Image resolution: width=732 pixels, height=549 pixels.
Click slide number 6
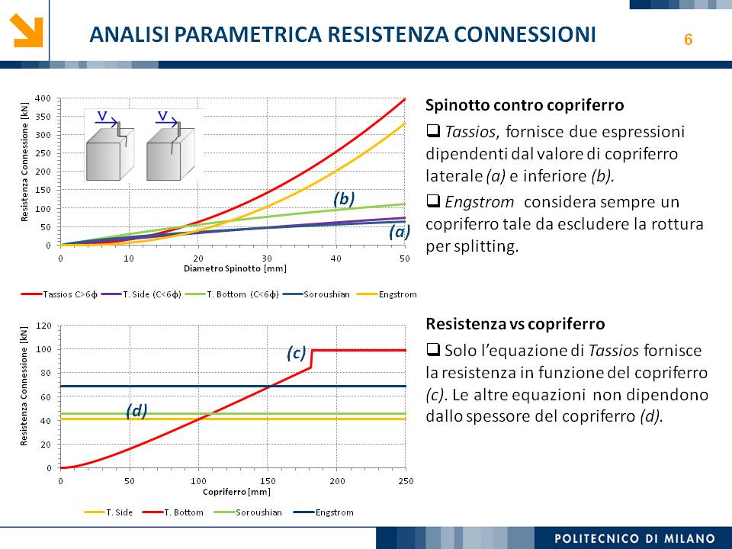[688, 40]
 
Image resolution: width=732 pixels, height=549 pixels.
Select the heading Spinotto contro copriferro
[525, 104]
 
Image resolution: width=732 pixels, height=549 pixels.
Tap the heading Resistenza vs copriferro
[515, 324]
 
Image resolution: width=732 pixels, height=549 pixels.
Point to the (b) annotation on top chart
[345, 198]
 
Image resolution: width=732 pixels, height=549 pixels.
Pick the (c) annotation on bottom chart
[297, 353]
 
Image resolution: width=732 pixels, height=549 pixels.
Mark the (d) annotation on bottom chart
[136, 411]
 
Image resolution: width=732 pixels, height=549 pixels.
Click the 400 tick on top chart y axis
[43, 98]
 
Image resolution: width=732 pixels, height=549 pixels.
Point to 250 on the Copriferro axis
[405, 480]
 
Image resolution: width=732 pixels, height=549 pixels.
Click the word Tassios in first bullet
[468, 132]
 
